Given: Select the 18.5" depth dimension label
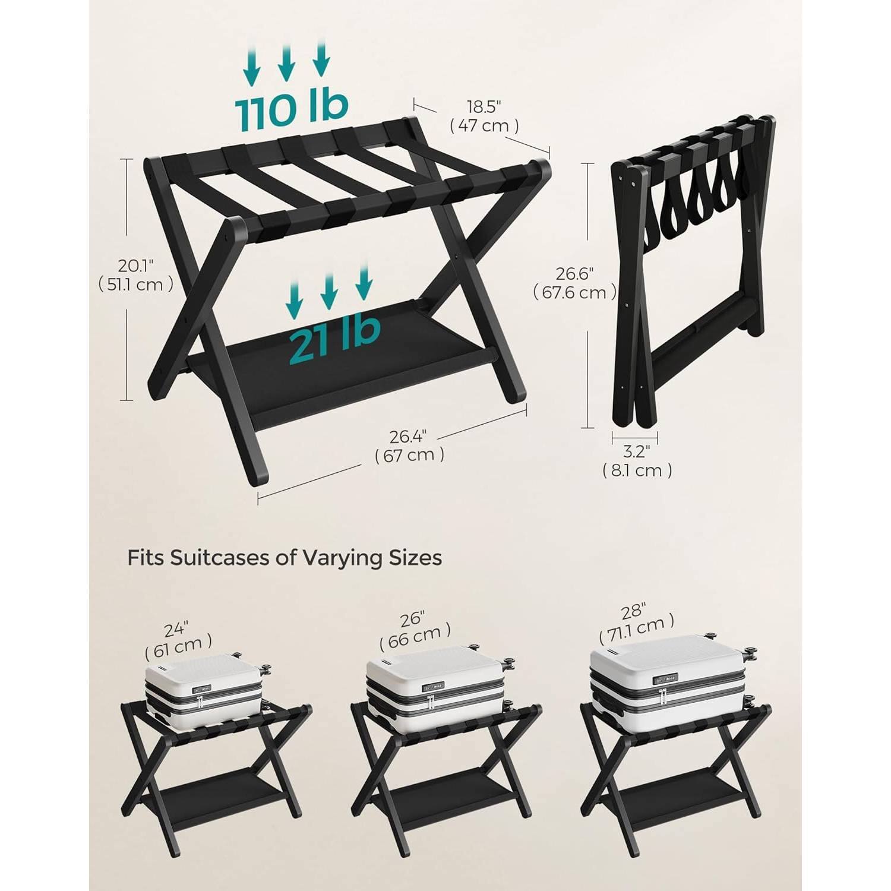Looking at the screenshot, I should click(484, 116).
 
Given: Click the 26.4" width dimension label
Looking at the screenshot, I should click(409, 445).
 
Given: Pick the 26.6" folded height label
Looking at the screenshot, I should click(574, 283).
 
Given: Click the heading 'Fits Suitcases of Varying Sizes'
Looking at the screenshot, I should click(285, 558).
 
